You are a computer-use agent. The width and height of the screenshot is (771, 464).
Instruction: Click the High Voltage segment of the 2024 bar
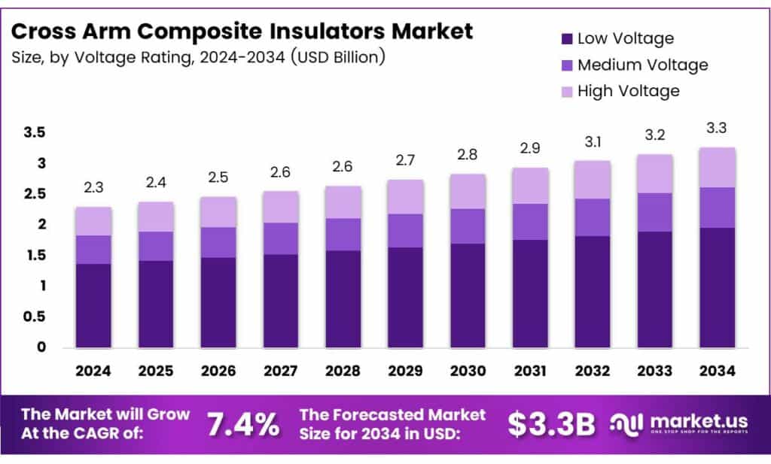pos(93,221)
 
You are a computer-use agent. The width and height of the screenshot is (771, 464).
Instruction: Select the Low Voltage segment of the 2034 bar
pos(718,287)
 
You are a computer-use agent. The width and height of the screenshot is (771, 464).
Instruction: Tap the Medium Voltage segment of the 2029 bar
pos(406,231)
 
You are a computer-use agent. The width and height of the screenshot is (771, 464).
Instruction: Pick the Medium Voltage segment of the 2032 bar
pos(593,217)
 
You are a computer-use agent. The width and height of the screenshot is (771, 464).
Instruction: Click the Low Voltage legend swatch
pos(566,38)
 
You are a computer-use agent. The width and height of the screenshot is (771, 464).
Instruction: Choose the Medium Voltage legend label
pos(642,65)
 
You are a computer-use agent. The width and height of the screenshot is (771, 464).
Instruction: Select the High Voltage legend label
pos(628,91)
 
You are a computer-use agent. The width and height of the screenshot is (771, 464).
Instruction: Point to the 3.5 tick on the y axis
pos(35,133)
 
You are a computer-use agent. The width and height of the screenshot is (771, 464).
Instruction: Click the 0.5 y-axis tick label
pos(35,317)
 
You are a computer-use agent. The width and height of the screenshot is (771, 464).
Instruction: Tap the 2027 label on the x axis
pos(281,371)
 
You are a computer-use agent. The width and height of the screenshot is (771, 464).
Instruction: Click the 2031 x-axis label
pos(530,371)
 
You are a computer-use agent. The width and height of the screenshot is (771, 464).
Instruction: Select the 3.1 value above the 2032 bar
pos(593,141)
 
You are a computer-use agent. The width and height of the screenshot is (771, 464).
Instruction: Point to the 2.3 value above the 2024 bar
pos(93,187)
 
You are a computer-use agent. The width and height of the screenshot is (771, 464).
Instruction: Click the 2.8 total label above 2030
pos(468,155)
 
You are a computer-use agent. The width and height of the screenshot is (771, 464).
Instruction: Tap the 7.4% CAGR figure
pos(242,425)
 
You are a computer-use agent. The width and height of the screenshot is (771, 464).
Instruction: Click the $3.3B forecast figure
pos(551,425)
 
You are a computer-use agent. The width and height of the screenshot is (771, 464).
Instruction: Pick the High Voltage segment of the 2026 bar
pos(218,212)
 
